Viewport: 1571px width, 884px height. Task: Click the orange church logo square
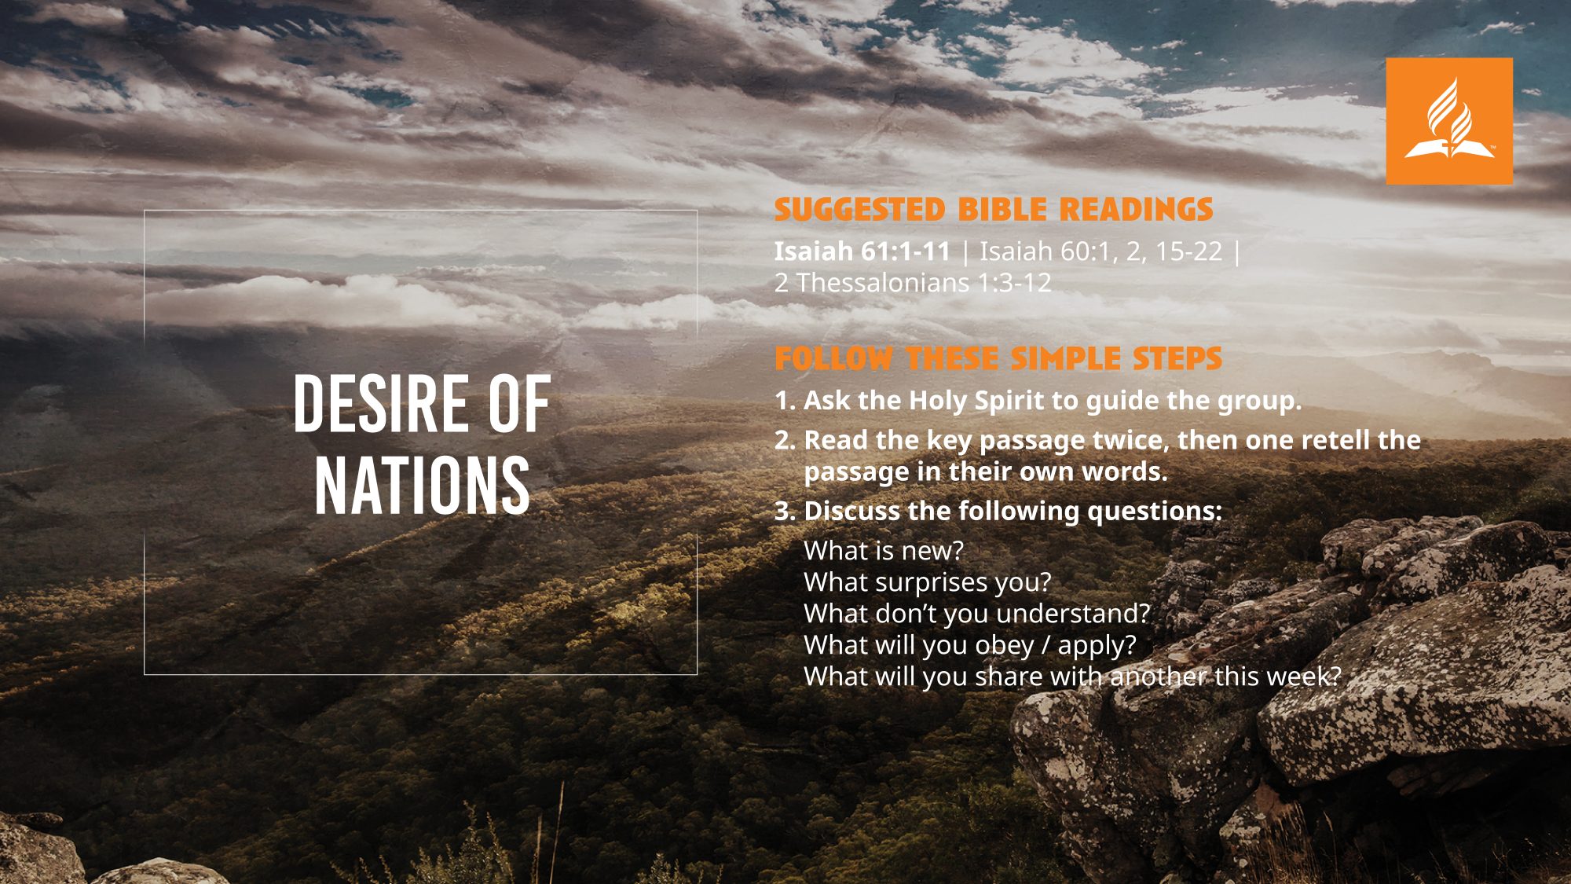tap(1449, 121)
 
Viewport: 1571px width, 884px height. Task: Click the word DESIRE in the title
tap(380, 404)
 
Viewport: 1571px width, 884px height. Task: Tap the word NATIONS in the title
tap(423, 485)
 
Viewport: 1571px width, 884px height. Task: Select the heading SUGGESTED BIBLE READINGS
tap(994, 210)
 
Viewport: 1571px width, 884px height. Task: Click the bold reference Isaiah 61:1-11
tap(862, 251)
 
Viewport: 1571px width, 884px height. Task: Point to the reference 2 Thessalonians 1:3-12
tap(913, 283)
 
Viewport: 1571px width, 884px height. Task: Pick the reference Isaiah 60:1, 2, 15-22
tap(1101, 251)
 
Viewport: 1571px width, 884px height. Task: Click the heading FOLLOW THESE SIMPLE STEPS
tap(998, 358)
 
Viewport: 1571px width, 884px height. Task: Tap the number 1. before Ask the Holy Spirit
tap(785, 401)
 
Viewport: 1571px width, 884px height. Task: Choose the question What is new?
tap(884, 551)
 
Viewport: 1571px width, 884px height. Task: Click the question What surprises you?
tap(928, 583)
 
